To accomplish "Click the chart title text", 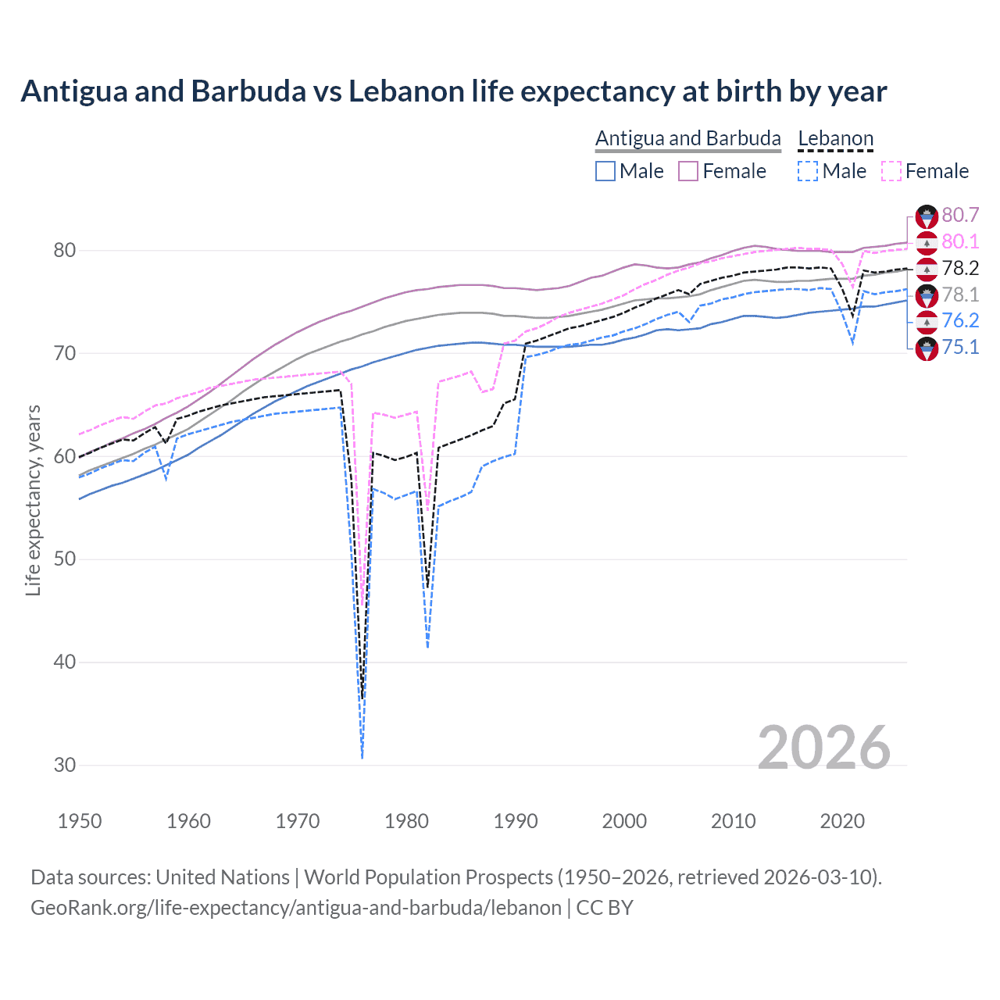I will coord(453,91).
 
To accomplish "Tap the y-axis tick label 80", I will coord(64,251).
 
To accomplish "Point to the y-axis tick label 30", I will coord(64,765).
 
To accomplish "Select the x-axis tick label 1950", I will coord(80,821).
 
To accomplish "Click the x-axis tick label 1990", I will coord(516,821).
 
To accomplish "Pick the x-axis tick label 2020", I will coord(842,821).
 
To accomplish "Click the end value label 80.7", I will coord(960,215).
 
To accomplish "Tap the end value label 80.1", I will coord(960,241).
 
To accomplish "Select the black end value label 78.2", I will coord(960,268).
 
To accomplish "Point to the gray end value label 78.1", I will coord(960,295).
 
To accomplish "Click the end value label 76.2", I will coord(960,320).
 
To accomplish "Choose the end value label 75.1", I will coord(960,347).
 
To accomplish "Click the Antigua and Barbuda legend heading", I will coord(687,138).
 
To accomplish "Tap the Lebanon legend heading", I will coord(835,138).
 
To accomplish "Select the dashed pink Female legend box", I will coord(891,171).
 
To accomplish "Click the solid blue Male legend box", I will coord(605,171).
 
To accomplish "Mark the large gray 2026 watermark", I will coord(823,748).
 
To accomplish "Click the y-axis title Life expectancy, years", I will coord(33,500).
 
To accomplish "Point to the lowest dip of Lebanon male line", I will coord(362,756).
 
